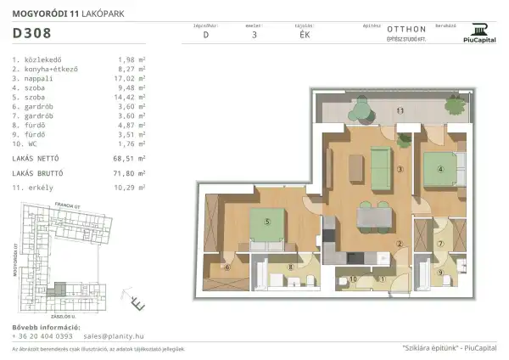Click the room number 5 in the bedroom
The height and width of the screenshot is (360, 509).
click(267, 222)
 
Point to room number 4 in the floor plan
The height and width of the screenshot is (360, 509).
click(439, 168)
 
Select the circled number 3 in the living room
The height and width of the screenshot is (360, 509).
click(399, 169)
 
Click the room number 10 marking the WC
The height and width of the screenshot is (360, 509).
click(354, 278)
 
